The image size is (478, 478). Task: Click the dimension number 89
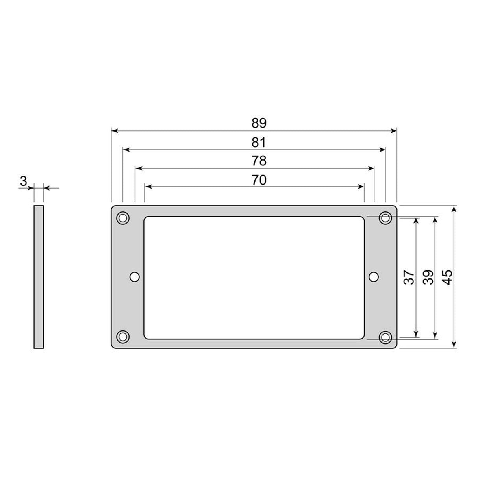(259, 123)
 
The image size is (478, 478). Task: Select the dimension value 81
(259, 142)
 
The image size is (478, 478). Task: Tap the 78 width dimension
(259, 161)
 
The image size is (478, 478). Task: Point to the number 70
(259, 180)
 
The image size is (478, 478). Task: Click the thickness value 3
(24, 182)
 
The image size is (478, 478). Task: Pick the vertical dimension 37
(409, 277)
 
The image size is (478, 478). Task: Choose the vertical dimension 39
(428, 277)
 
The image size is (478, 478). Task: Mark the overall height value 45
(447, 277)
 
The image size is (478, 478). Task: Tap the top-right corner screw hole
(385, 217)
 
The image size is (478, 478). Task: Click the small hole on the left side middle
(135, 277)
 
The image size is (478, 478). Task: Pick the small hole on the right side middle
(374, 277)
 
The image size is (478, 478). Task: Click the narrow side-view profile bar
(39, 277)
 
